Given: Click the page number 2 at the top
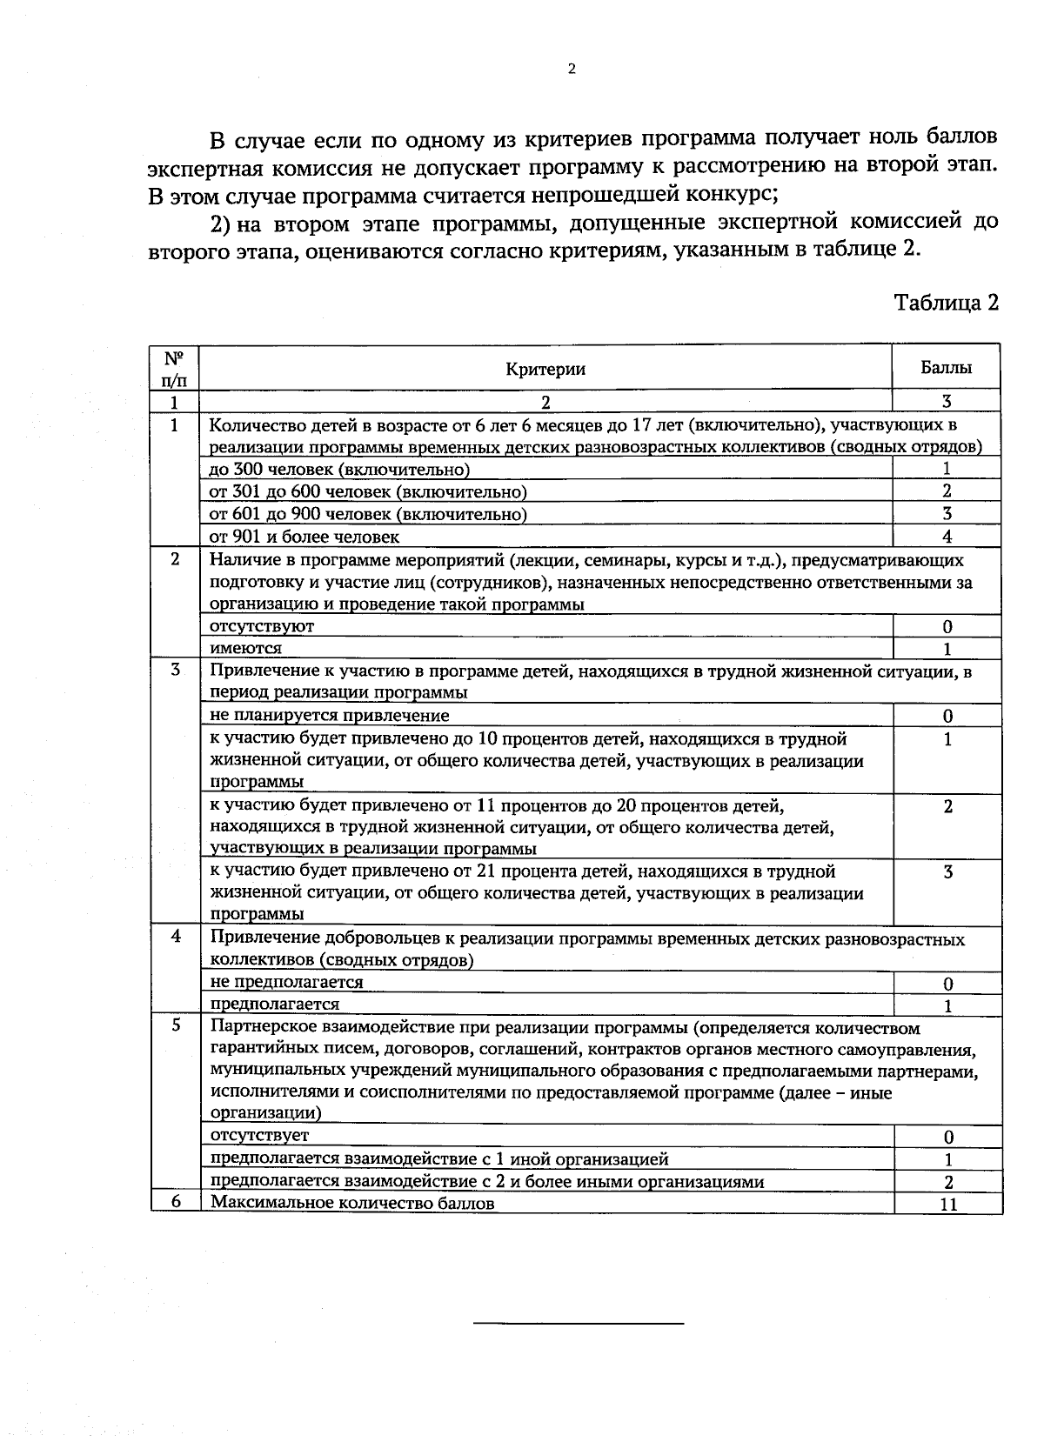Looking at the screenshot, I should click(571, 70).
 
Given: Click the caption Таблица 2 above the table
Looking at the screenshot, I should click(946, 302).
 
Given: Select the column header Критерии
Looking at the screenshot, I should click(545, 369).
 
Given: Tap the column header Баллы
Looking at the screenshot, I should click(946, 367).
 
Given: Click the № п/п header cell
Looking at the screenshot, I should click(174, 369).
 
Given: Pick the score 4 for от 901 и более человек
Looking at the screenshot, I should click(947, 537).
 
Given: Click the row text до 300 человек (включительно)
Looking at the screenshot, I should click(339, 470).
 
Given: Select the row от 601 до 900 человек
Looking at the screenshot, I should click(368, 514).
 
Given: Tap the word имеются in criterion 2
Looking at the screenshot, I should click(246, 648).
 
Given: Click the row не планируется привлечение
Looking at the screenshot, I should click(330, 715).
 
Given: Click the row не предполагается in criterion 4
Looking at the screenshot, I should click(287, 982).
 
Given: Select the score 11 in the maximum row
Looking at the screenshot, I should click(948, 1205).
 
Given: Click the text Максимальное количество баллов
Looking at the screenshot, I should click(352, 1204).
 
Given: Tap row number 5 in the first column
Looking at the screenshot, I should click(176, 1025).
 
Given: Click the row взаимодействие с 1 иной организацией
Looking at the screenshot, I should click(439, 1158).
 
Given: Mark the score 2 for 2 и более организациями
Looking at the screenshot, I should click(948, 1182).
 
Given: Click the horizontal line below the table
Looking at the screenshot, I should click(579, 1324).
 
